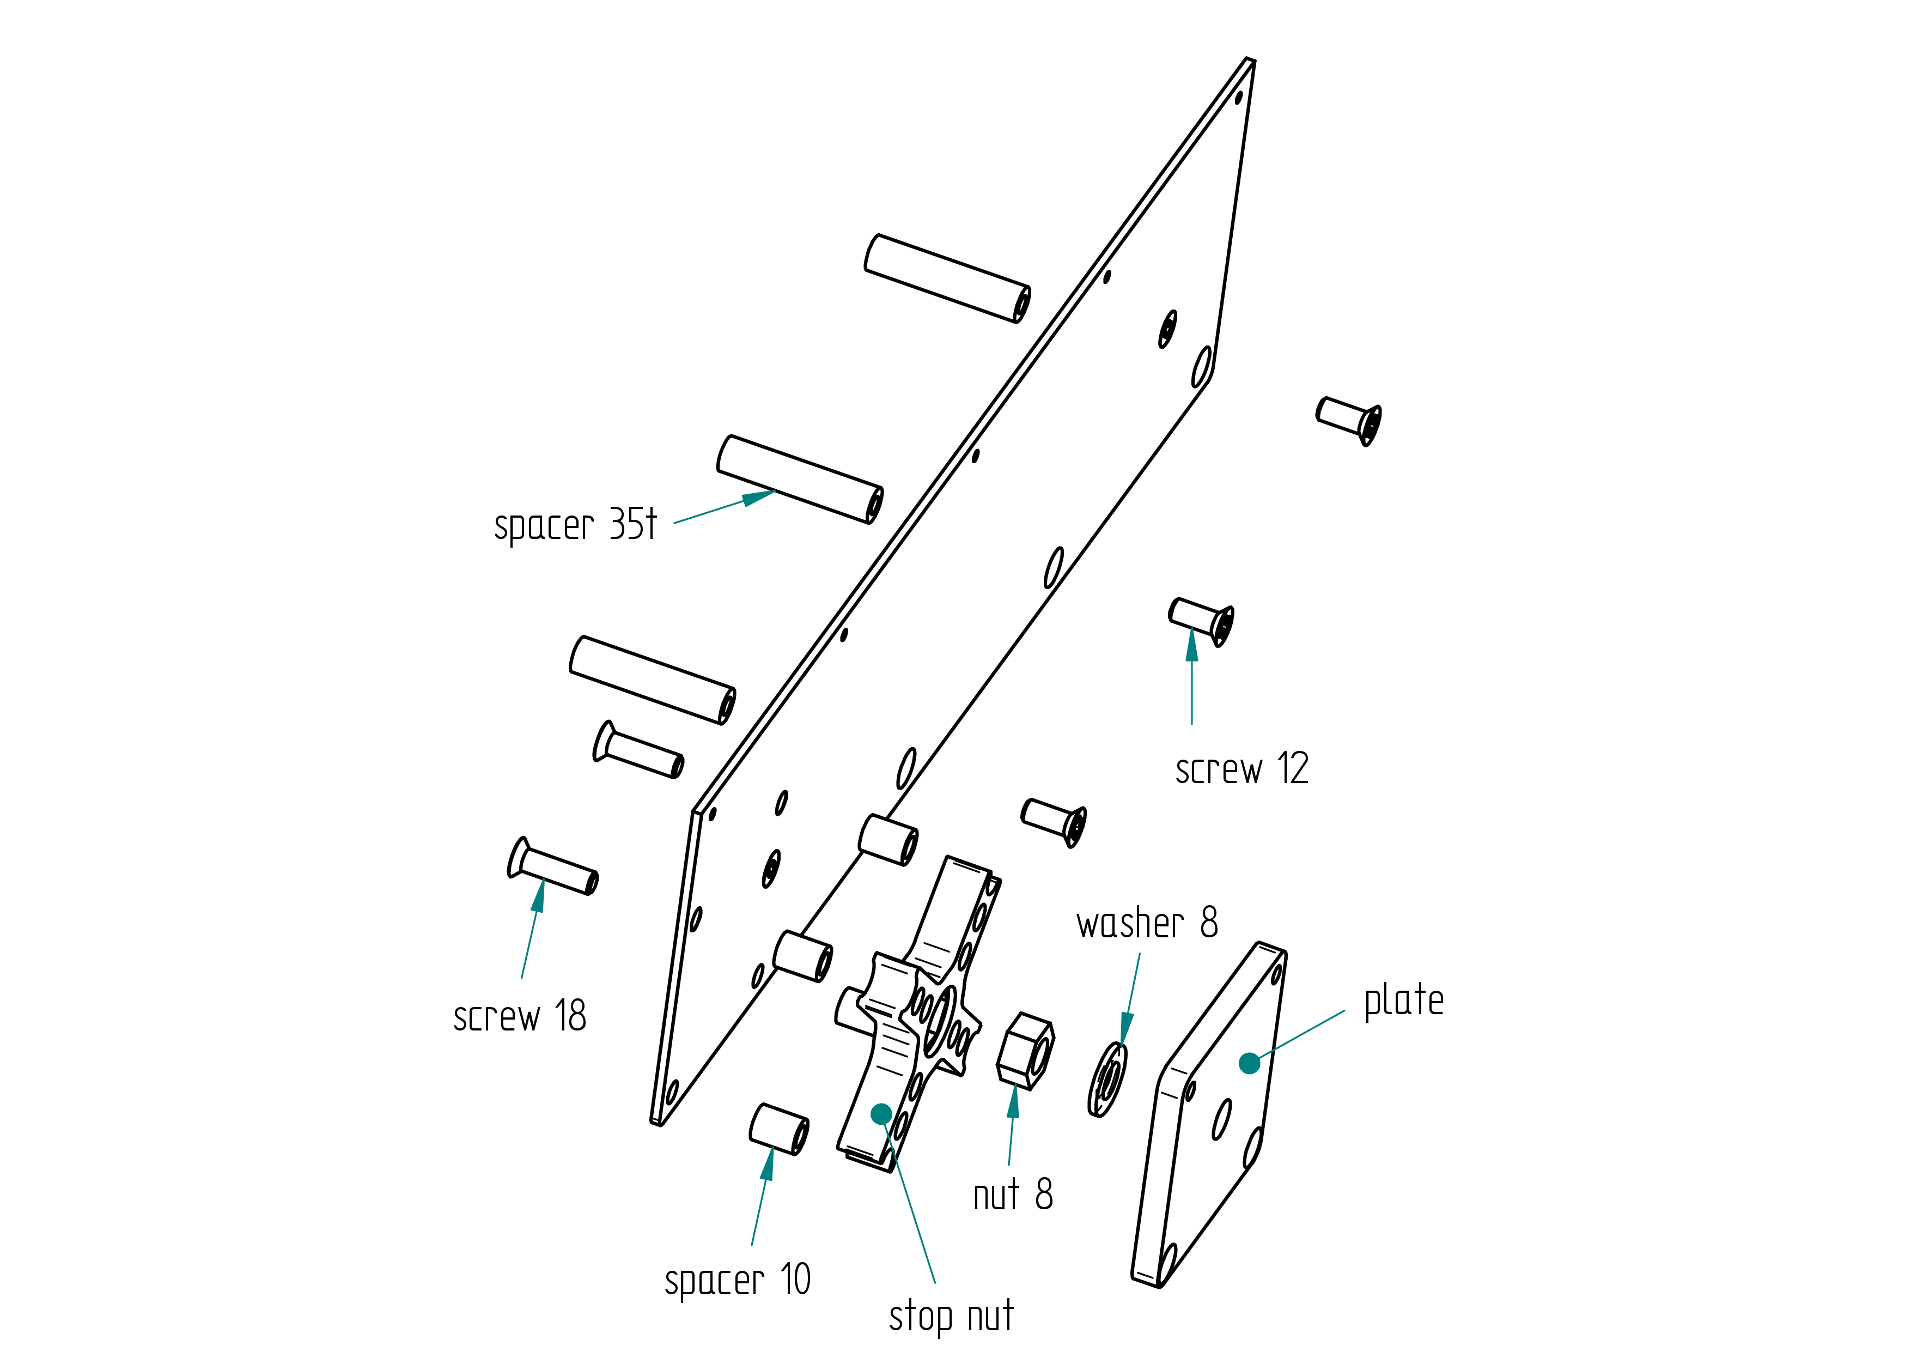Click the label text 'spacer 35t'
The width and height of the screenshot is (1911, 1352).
(x=575, y=524)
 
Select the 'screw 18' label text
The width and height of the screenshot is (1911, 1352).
(x=519, y=1016)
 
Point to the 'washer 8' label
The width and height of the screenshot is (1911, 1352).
(x=1147, y=923)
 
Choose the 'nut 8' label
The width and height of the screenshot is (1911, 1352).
(x=1013, y=1194)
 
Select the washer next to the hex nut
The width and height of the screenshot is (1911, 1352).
(x=1108, y=1080)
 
